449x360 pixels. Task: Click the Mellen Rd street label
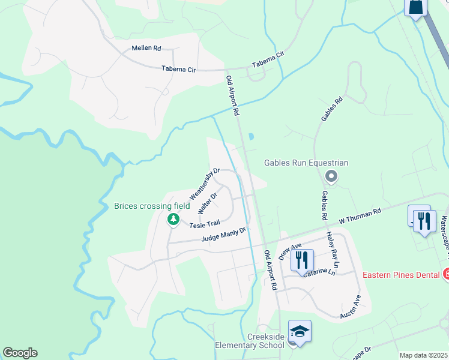point(147,48)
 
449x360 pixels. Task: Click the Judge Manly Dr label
point(224,234)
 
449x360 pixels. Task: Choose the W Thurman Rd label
point(360,217)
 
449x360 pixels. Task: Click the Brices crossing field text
point(152,206)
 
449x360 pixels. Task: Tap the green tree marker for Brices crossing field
point(173,220)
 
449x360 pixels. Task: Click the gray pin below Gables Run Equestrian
point(331,176)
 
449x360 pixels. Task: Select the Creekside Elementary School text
point(250,341)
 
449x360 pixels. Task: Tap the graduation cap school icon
point(299,331)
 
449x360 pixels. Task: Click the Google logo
point(20,353)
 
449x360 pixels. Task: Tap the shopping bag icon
point(415,7)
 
